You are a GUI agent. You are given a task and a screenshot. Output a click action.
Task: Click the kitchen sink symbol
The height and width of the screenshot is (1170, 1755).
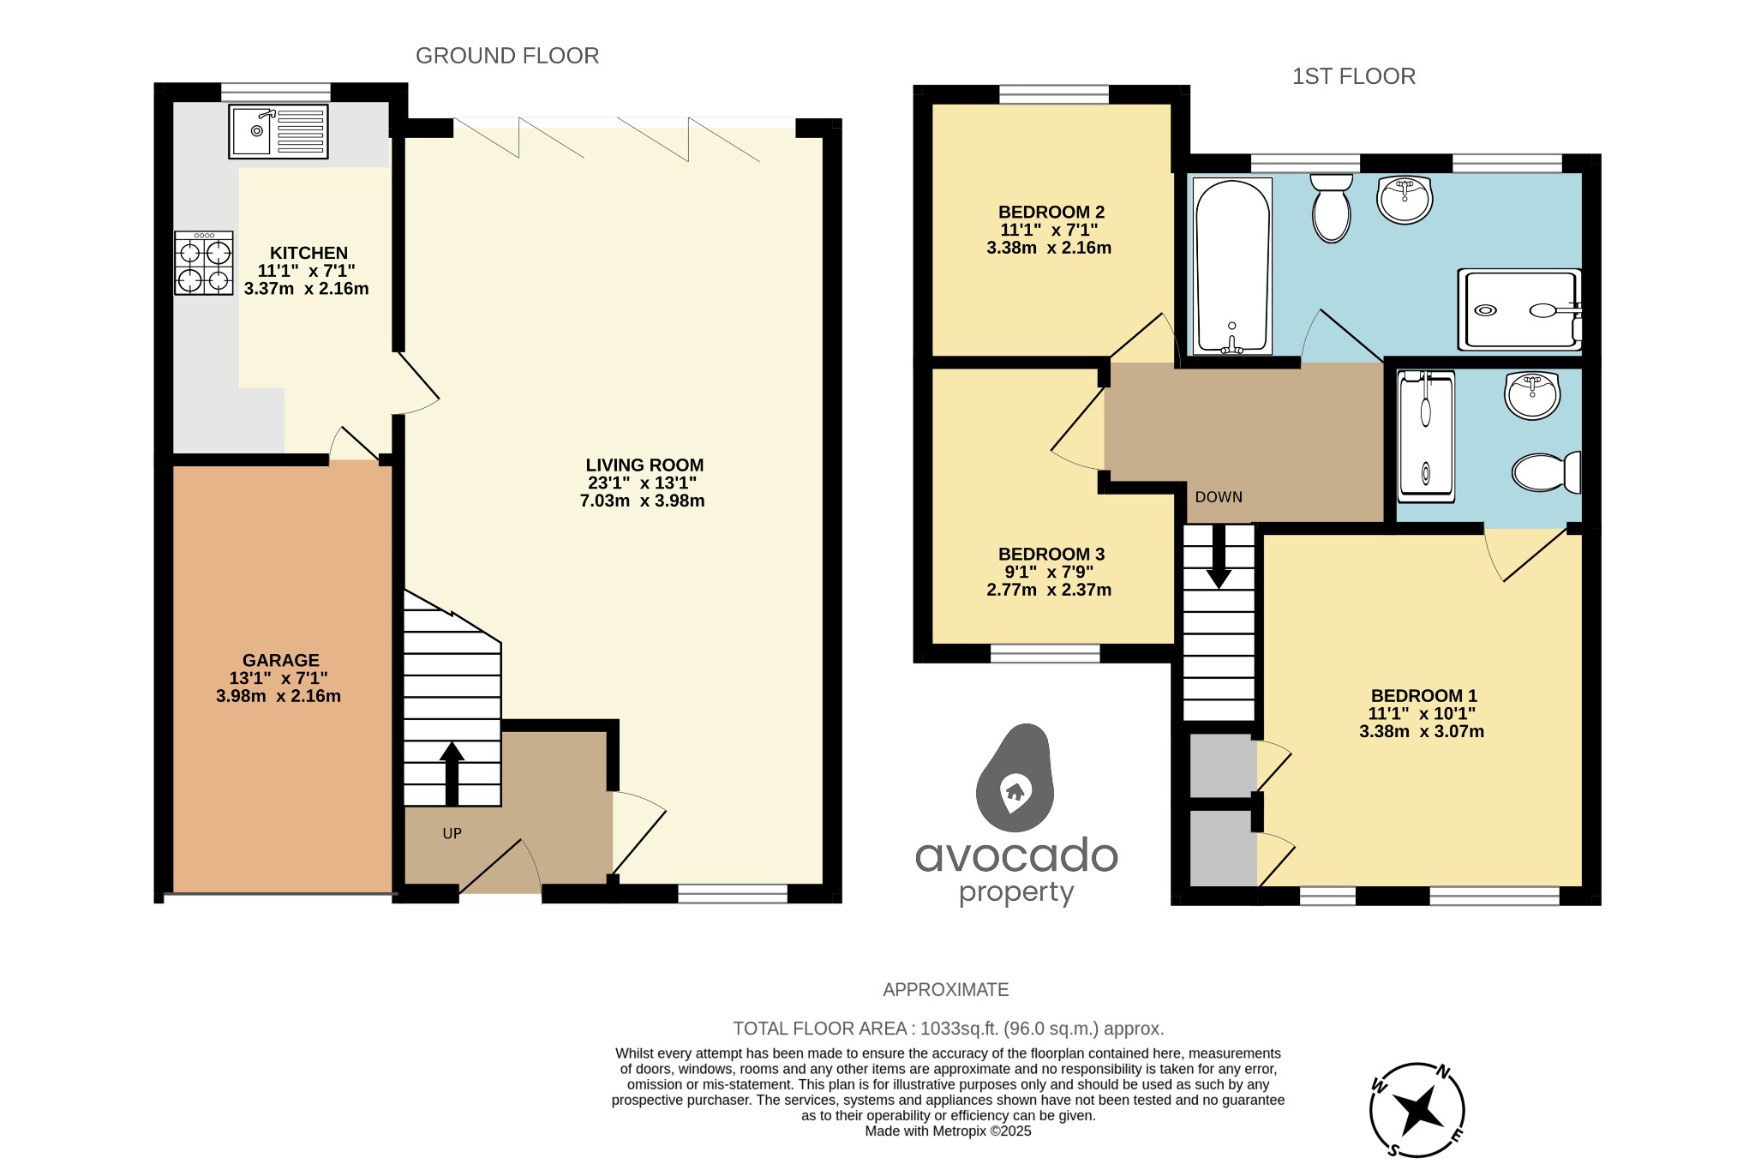pyautogui.click(x=278, y=131)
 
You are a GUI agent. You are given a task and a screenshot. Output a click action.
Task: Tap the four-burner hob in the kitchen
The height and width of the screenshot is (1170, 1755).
pyautogui.click(x=204, y=263)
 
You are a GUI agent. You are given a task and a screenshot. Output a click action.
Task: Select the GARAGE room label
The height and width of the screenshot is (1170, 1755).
pyautogui.click(x=280, y=660)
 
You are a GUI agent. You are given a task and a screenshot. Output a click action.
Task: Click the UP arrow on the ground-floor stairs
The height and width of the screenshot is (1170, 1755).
pyautogui.click(x=452, y=772)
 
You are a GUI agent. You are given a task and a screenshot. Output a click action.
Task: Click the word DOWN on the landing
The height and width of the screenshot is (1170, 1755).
pyautogui.click(x=1219, y=497)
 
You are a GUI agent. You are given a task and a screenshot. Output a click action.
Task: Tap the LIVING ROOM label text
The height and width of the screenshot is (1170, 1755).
pyautogui.click(x=644, y=465)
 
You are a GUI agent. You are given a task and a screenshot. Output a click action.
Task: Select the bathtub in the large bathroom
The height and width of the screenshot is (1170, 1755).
pyautogui.click(x=1232, y=266)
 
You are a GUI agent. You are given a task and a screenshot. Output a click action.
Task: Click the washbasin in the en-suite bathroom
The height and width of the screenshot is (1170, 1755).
pyautogui.click(x=1532, y=396)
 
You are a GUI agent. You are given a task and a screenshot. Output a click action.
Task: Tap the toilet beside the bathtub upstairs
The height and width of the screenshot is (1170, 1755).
pyautogui.click(x=1331, y=208)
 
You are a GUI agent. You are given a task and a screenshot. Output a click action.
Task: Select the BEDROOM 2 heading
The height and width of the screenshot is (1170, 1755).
pyautogui.click(x=1051, y=212)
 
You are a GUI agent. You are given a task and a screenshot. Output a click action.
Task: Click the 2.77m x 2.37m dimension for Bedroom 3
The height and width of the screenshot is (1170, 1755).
pyautogui.click(x=1049, y=590)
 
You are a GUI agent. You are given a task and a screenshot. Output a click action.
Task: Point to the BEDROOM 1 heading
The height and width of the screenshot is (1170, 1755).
pyautogui.click(x=1423, y=696)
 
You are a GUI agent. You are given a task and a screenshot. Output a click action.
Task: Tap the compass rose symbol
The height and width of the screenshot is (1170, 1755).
pyautogui.click(x=1417, y=1110)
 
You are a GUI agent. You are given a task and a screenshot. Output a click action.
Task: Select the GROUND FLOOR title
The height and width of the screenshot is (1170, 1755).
pyautogui.click(x=507, y=56)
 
